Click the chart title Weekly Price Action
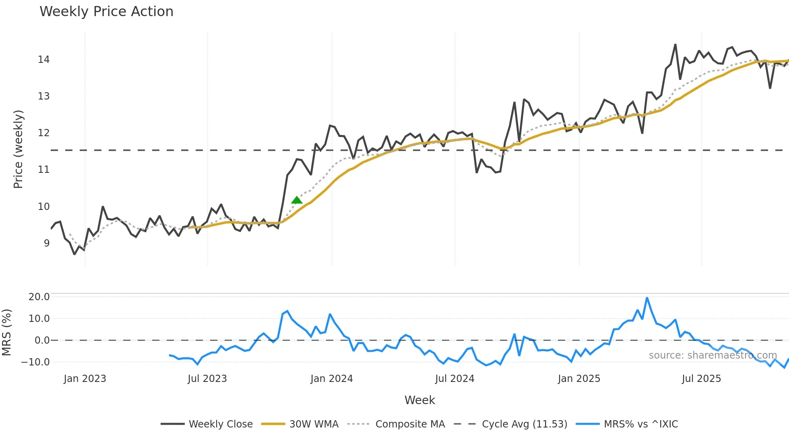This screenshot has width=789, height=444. click(x=106, y=12)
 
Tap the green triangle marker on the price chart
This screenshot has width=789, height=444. click(x=297, y=200)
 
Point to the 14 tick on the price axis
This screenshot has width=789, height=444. click(x=43, y=60)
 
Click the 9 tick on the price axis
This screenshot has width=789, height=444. click(x=47, y=243)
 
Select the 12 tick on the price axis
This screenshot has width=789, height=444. click(x=43, y=133)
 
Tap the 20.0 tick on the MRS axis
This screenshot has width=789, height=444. click(x=39, y=297)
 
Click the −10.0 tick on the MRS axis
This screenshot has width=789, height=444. click(x=35, y=362)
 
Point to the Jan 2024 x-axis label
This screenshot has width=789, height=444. click(x=332, y=379)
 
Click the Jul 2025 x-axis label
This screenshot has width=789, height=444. click(x=701, y=379)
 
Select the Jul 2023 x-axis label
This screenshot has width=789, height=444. click(x=207, y=379)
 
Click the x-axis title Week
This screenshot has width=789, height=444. click(x=419, y=400)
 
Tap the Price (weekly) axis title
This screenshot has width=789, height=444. click(x=18, y=149)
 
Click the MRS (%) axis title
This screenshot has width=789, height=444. click(x=6, y=332)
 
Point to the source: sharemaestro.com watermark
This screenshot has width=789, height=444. click(x=713, y=355)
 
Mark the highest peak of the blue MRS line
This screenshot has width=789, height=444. click(x=647, y=298)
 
